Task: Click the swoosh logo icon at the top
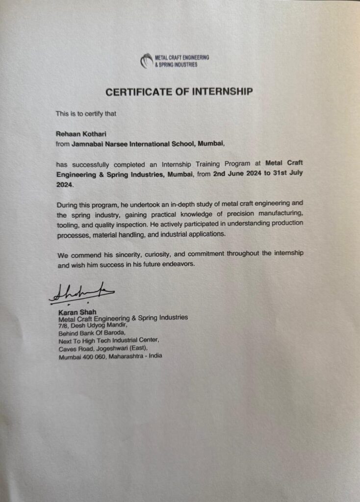click(x=146, y=61)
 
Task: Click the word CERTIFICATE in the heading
click(x=137, y=92)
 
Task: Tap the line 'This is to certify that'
click(x=85, y=114)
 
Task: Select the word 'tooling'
click(x=69, y=224)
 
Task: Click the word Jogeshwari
click(x=126, y=348)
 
